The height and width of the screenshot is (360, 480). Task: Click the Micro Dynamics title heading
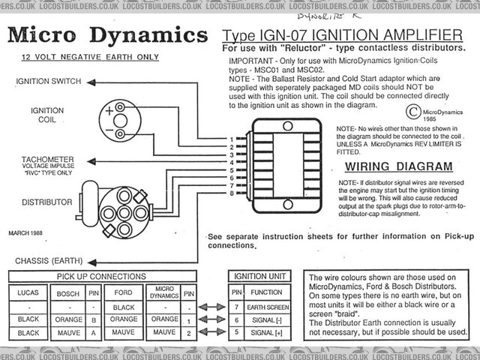pos(107,35)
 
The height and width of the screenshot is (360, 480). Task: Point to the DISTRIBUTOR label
pos(46,202)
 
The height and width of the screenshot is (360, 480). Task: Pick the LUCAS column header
pos(28,294)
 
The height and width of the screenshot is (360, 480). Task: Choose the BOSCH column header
pos(68,294)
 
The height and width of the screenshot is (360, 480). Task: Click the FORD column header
pos(122,294)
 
